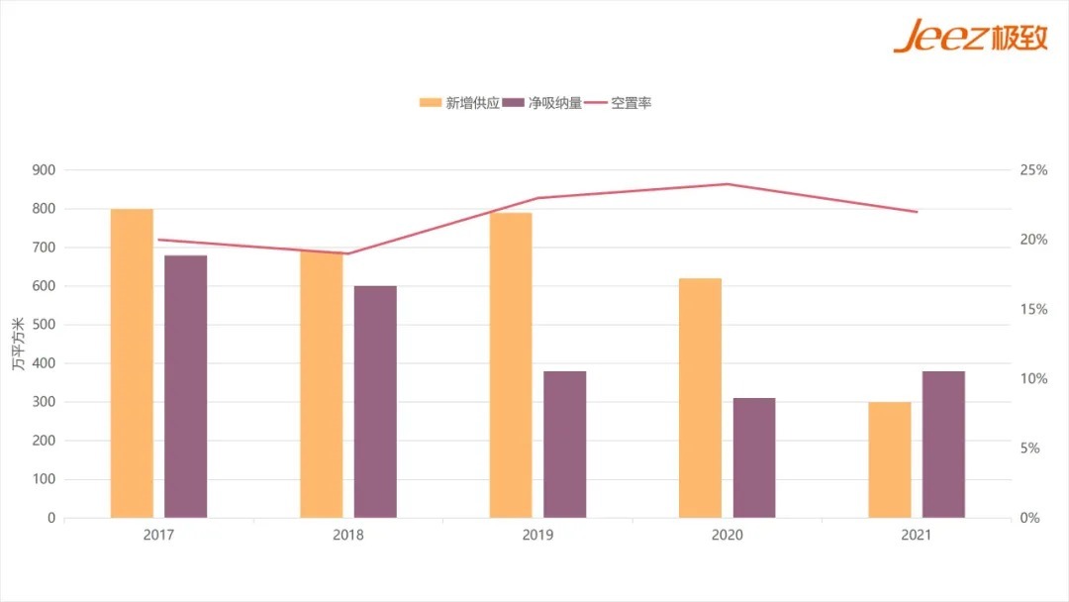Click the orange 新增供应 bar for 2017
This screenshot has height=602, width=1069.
click(132, 362)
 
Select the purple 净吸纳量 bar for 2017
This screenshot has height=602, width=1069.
click(185, 386)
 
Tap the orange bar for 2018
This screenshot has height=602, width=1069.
click(322, 384)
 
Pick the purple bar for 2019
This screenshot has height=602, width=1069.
click(564, 444)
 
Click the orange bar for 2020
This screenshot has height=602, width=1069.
click(700, 397)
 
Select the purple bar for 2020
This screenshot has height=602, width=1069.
click(754, 457)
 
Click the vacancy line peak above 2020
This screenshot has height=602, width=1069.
click(727, 184)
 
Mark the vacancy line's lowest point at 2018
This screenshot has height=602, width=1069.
click(346, 253)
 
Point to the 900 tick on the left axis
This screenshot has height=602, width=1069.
click(44, 170)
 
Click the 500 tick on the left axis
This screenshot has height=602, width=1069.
click(44, 325)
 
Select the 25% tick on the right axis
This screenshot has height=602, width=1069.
click(1033, 170)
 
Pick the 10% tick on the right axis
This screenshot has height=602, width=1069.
click(1033, 379)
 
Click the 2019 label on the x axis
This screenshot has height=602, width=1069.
click(537, 535)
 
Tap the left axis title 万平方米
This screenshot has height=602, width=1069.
click(19, 345)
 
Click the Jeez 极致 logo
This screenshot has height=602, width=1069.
click(969, 37)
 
